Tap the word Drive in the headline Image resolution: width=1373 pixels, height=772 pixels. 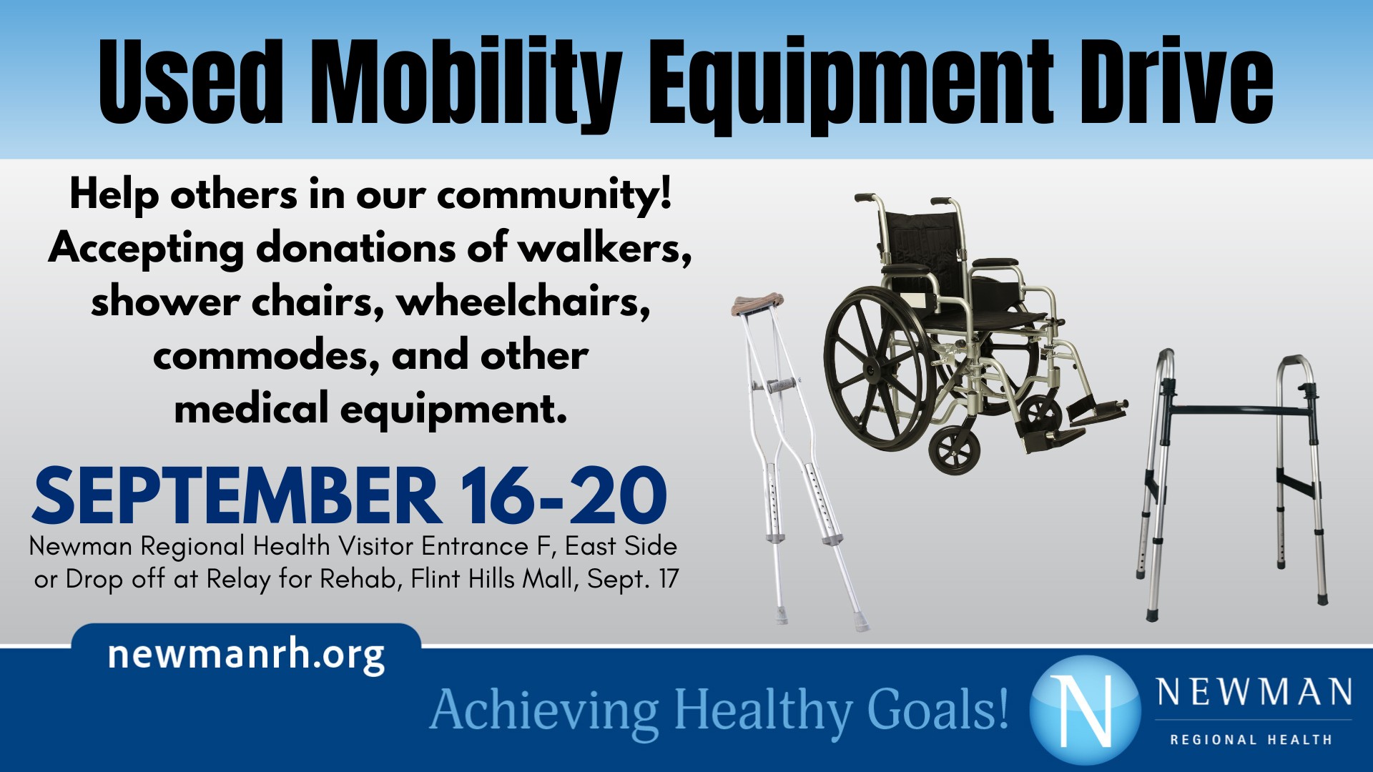coord(1176,82)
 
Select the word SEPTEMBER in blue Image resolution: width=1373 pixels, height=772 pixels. coord(236,496)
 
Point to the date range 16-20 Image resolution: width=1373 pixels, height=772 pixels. coord(564,496)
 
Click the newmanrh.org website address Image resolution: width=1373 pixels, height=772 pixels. coord(246,654)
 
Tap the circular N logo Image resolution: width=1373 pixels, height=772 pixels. coord(1085,709)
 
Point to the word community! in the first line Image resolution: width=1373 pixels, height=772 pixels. coord(554,194)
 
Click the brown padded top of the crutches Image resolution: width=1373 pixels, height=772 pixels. coord(757,303)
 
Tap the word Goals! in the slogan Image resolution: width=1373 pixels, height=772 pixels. coord(937,709)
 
